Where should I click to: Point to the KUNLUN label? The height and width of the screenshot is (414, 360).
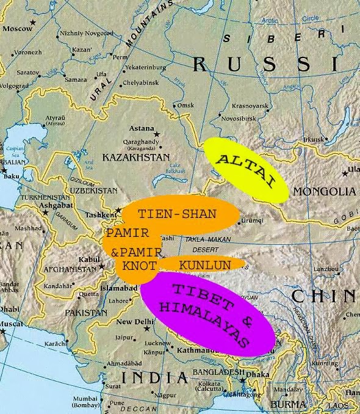pos(204,265)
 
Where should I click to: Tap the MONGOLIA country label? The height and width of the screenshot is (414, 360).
pos(324,192)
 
